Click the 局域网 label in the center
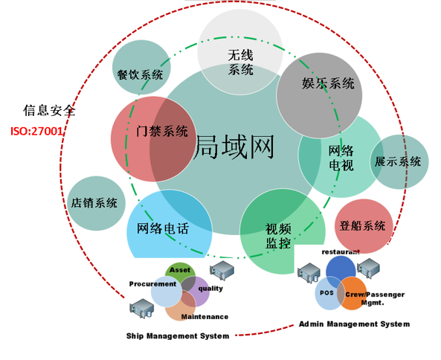click(234, 147)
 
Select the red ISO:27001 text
click(36, 131)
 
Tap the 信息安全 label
click(49, 110)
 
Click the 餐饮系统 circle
click(141, 68)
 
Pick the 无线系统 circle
click(240, 52)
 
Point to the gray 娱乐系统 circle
click(319, 95)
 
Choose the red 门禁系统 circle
click(153, 139)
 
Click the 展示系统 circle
click(399, 161)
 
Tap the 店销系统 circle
click(96, 203)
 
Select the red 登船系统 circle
click(364, 226)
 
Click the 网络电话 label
click(163, 228)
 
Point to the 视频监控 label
click(278, 236)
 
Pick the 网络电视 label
click(341, 158)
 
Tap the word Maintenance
click(205, 317)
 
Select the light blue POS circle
click(329, 293)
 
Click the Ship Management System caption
click(178, 335)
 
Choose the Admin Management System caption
click(354, 324)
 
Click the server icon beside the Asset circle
click(222, 271)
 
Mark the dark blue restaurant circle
click(341, 270)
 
